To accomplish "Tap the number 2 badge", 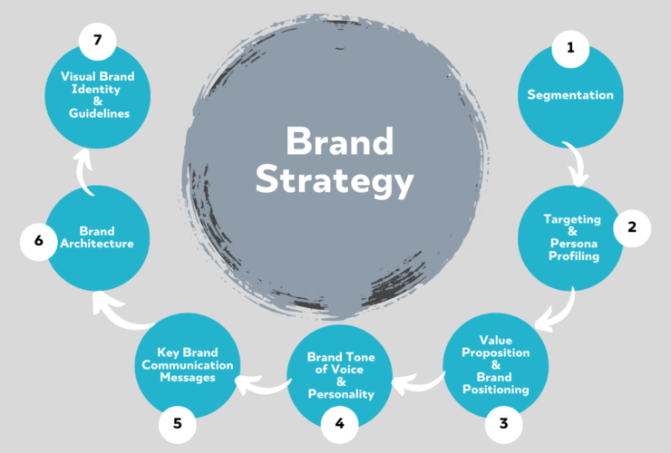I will [631, 229].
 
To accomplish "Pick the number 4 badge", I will [340, 422].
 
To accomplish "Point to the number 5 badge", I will [178, 421].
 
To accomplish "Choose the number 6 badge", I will [39, 241].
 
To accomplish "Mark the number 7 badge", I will [96, 42].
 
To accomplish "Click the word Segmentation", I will [570, 95].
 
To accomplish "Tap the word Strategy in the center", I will [334, 180].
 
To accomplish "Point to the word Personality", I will [340, 395].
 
